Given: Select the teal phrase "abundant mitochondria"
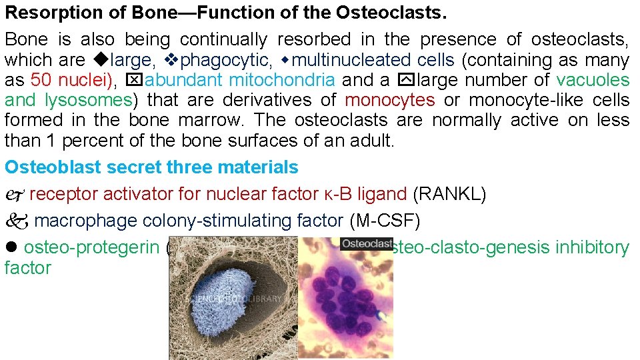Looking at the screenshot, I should [x=239, y=81].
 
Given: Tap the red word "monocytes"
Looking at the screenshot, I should [x=390, y=101].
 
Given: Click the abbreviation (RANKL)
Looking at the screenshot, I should [x=450, y=195].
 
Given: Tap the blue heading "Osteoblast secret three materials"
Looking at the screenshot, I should [x=151, y=167].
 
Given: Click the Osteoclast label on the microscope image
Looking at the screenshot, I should [x=367, y=245].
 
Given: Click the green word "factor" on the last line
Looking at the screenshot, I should [x=27, y=268].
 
